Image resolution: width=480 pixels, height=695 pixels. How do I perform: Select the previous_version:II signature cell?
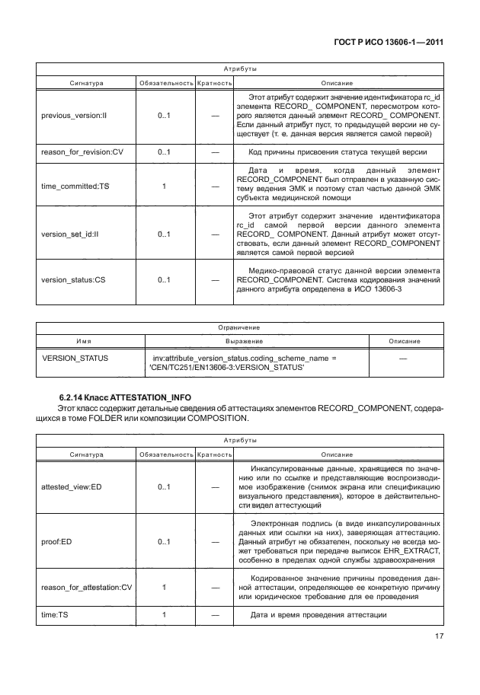tap(74, 116)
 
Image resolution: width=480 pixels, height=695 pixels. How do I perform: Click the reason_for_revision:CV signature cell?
tap(82, 152)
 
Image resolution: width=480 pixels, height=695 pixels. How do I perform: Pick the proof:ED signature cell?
tap(58, 542)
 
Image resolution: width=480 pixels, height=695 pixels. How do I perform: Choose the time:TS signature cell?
tap(53, 615)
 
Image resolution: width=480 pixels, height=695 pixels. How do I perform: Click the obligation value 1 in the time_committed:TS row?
tap(164, 185)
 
